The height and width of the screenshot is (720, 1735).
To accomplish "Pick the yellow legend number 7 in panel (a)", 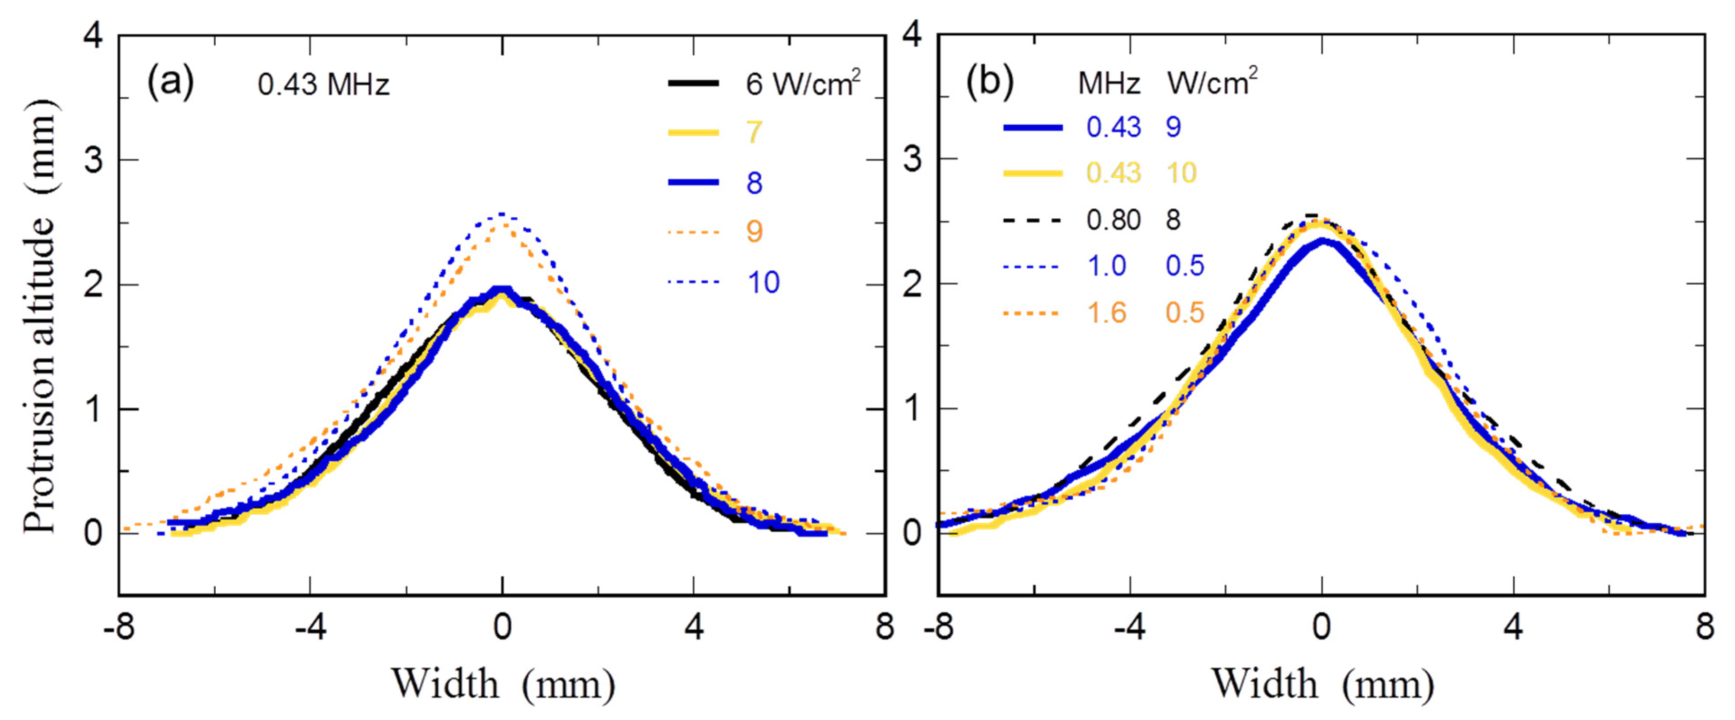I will pos(754,132).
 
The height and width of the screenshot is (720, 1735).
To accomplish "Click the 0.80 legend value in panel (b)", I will pos(1113,220).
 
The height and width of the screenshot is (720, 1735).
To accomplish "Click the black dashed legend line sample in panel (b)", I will pos(1032,220).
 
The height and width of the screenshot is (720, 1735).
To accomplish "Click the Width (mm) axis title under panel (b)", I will pos(1322,684).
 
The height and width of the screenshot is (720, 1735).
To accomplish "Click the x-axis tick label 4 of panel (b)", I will pos(1513,628).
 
